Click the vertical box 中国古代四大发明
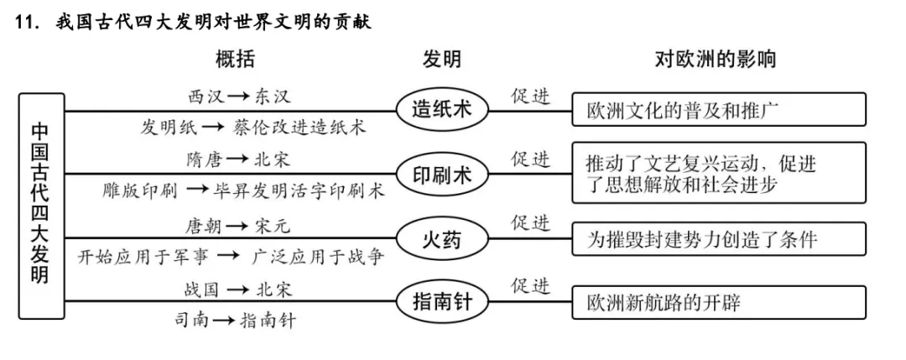(x=41, y=206)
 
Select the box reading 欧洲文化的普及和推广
(x=718, y=110)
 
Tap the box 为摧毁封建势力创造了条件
(x=718, y=239)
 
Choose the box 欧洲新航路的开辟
(x=718, y=302)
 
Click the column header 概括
(x=236, y=60)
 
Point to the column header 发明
(x=441, y=60)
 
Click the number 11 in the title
(x=29, y=23)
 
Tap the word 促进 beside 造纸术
(x=531, y=97)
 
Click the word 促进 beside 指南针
(x=531, y=286)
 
